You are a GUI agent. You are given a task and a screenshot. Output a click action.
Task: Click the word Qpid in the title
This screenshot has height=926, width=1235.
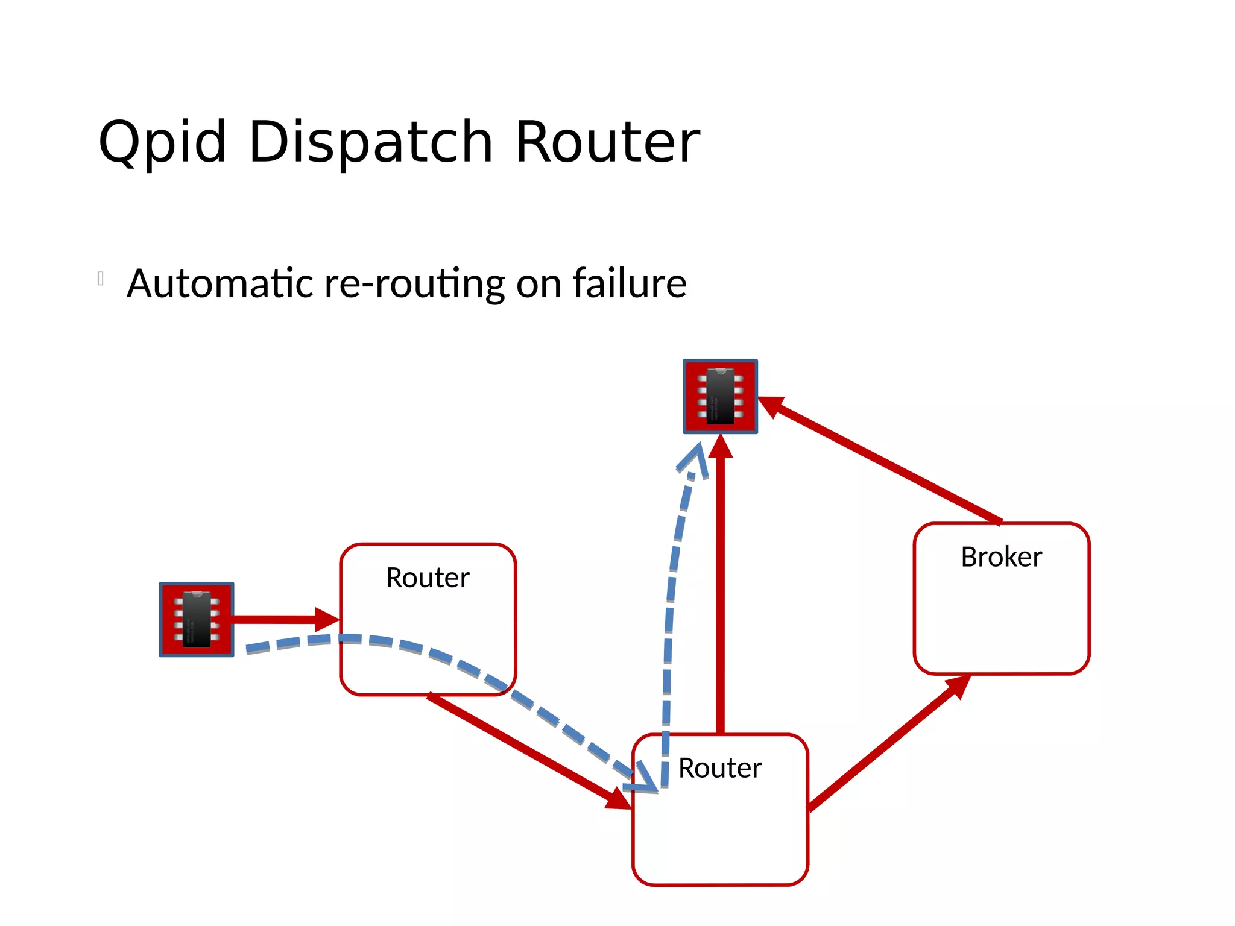(162, 142)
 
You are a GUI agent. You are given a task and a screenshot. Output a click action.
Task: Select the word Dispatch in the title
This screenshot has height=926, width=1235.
(370, 142)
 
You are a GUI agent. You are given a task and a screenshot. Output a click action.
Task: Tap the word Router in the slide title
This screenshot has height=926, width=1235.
(607, 142)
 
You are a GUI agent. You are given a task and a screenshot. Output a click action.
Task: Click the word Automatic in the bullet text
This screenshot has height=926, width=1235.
(220, 283)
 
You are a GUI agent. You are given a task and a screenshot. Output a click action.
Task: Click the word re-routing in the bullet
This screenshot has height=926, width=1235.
(414, 283)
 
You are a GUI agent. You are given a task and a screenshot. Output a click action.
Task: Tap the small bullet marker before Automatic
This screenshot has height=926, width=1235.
(101, 279)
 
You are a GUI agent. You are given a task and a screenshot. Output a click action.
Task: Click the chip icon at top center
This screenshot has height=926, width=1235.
(720, 396)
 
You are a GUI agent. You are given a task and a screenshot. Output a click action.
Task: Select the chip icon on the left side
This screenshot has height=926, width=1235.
(197, 619)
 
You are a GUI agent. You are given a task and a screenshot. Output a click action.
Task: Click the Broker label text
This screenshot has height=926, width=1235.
(1001, 556)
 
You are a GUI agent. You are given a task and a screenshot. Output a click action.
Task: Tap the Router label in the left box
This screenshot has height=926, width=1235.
(428, 578)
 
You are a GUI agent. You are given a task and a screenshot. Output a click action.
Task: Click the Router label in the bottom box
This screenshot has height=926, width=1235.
(720, 768)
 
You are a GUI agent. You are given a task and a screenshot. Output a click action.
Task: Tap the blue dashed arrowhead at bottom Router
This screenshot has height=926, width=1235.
(643, 779)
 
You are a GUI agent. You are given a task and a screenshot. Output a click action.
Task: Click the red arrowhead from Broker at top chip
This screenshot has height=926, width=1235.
(771, 405)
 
